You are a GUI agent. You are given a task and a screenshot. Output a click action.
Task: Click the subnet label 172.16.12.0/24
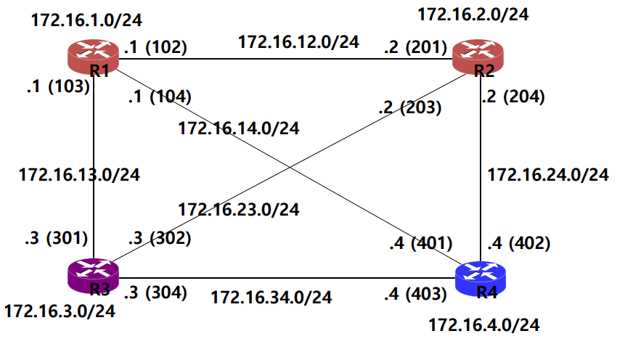(298, 41)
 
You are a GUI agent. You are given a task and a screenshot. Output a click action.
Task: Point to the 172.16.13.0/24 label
(78, 174)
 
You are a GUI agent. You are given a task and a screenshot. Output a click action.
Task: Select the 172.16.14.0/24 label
(239, 129)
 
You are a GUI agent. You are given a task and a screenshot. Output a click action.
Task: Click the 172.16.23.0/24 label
(239, 210)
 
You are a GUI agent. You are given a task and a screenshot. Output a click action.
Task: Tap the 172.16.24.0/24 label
(547, 175)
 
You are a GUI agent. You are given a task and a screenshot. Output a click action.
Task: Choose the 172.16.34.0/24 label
(271, 297)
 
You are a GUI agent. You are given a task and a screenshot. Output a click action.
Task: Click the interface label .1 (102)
(155, 48)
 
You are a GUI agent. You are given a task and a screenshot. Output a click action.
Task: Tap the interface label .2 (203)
(409, 108)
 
